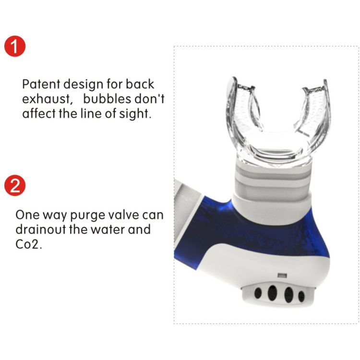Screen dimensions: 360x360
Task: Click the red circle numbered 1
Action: tap(15, 46)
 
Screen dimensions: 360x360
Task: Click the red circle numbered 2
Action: tap(15, 185)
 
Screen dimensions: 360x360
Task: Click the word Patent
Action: tap(41, 84)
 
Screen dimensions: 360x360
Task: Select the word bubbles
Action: tap(107, 98)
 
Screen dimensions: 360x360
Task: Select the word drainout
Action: tap(41, 229)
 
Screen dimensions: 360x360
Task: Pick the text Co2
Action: tap(29, 244)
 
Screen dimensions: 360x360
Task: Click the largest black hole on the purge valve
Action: tap(272, 293)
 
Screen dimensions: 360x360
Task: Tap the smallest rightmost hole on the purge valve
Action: tap(301, 296)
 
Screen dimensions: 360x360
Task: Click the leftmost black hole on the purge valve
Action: tap(258, 293)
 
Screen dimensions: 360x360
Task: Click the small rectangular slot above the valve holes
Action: tap(282, 275)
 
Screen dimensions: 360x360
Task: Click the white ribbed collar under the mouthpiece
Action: tap(272, 184)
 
